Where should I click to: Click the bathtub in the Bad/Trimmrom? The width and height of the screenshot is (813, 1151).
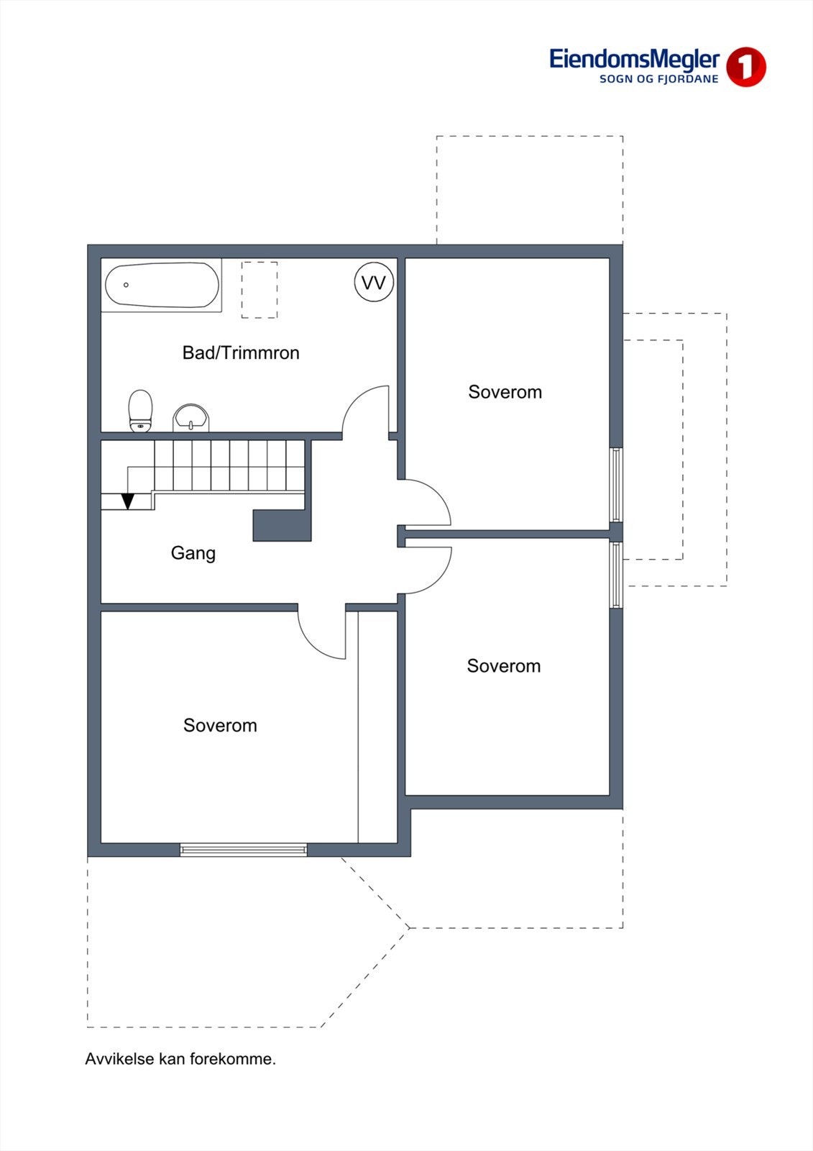[x=162, y=285]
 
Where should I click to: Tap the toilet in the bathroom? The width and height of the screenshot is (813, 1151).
[x=141, y=411]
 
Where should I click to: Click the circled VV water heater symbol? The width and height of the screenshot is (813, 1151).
[x=374, y=283]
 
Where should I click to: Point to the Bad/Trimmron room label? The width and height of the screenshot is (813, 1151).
[x=241, y=353]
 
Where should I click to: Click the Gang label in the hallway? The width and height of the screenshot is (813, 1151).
[x=193, y=553]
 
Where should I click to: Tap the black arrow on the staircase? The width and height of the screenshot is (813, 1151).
[x=128, y=501]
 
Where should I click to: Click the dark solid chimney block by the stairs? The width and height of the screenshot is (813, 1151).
[x=282, y=525]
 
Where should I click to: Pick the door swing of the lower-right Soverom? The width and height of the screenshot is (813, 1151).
[x=426, y=570]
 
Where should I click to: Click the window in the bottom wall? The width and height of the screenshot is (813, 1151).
[x=244, y=850]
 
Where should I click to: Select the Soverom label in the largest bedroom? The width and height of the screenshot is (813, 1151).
[x=220, y=725]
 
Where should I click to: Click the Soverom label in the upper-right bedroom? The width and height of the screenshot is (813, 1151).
[x=505, y=392]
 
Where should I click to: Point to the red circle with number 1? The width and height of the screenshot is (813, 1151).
[x=745, y=67]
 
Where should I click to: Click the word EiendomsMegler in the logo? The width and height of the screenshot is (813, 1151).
[x=634, y=59]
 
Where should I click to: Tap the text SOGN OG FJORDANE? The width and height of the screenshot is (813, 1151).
[x=658, y=79]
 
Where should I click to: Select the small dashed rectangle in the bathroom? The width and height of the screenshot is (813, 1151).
[x=259, y=290]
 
